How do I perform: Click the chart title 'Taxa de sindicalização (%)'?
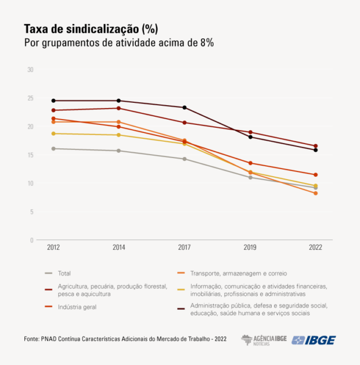tap(91, 28)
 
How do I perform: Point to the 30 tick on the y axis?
tap(30, 70)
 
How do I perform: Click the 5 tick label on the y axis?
tap(32, 212)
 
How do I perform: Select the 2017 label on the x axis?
tap(184, 248)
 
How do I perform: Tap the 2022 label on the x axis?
tap(315, 248)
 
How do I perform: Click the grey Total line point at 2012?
tap(53, 149)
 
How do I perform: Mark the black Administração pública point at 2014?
tap(119, 101)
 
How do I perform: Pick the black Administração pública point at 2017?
tap(185, 108)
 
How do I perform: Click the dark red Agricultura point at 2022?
tap(315, 146)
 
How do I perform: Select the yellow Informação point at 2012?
tap(53, 134)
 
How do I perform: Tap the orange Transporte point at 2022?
tap(315, 193)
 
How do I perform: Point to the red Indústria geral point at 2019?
tap(250, 163)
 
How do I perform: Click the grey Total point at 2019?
tap(250, 177)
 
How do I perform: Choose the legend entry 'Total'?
tap(64, 273)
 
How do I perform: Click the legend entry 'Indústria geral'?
tap(77, 307)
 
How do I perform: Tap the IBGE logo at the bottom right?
tap(314, 340)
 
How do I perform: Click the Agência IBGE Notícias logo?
tap(264, 340)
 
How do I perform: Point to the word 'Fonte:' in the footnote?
tap(33, 339)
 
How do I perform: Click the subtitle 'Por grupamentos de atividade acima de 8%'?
tap(119, 44)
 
